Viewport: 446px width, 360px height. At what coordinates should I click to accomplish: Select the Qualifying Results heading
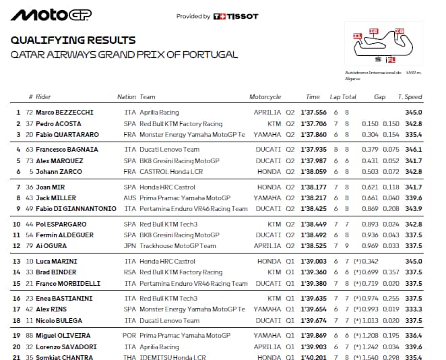point(73,40)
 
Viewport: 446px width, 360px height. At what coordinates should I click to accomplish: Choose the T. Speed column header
point(410,97)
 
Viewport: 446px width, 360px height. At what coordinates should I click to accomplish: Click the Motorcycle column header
point(265,97)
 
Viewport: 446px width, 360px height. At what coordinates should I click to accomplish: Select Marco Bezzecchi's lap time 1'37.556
point(313,113)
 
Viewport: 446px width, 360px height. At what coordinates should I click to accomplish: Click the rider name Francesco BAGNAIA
point(67,150)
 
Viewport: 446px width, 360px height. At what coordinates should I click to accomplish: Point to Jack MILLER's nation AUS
point(130,198)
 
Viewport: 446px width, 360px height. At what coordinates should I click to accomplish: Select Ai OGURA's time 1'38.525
point(313,246)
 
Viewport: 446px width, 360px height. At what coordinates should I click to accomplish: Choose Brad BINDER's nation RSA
point(130,272)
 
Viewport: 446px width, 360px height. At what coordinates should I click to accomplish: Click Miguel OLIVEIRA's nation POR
point(130,336)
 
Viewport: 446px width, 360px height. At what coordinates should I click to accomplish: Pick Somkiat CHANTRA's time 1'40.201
point(313,357)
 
